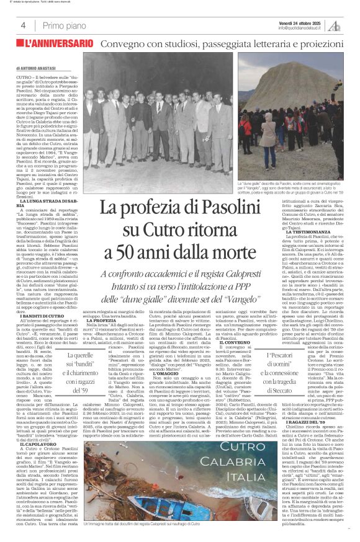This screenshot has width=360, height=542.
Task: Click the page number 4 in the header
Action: pos(23,25)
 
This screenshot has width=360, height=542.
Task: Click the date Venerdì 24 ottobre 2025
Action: pos(303,22)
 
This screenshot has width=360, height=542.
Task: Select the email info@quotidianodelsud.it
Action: pos(302,28)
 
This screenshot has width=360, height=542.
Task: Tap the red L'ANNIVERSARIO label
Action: pos(56,45)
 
